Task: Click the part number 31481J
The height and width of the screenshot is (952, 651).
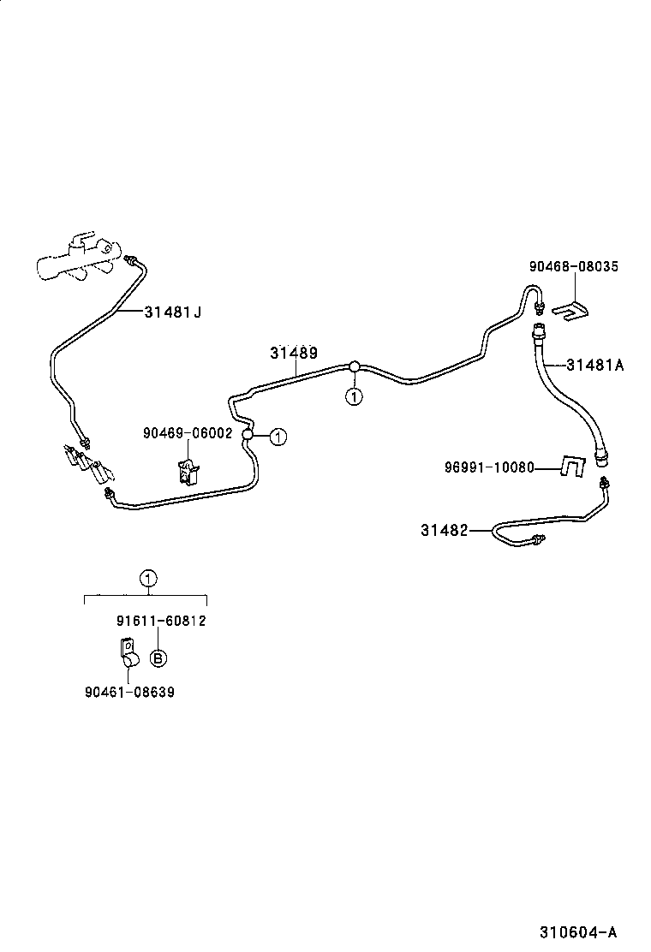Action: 173,312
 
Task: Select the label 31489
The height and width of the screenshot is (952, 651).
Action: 294,353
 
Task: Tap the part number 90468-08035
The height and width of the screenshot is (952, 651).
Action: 573,267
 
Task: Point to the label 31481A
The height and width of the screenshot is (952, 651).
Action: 594,365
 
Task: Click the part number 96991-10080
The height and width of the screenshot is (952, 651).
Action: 489,467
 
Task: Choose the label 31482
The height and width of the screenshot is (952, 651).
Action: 444,531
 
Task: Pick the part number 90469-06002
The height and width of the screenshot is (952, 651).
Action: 188,433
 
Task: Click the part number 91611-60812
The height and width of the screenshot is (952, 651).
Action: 161,621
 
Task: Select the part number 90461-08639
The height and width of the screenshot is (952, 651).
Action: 129,692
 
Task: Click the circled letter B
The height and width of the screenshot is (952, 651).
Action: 158,657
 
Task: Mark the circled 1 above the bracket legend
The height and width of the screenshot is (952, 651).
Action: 148,579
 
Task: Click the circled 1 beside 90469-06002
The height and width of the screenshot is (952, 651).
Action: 277,436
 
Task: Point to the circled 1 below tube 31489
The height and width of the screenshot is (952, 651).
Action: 353,396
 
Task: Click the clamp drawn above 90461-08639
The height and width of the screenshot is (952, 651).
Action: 127,654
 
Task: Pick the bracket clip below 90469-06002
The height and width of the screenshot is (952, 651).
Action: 188,472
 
